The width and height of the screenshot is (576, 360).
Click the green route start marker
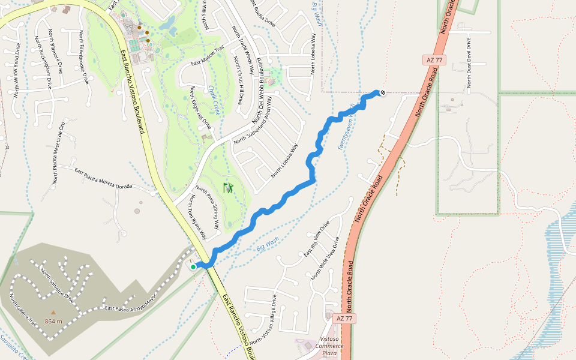[193, 267]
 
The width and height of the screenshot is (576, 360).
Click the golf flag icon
[228, 188]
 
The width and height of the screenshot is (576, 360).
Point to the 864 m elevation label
[53, 321]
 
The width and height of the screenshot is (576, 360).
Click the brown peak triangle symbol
[53, 313]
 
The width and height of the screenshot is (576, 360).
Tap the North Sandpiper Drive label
[58, 286]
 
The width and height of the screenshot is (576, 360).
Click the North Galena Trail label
[24, 311]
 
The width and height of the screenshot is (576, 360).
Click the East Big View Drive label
[316, 239]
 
